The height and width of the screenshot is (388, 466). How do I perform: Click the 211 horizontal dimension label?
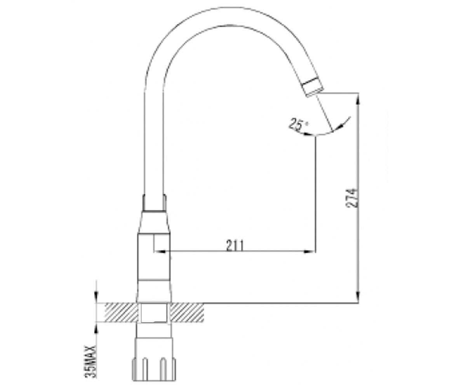[x=235, y=245]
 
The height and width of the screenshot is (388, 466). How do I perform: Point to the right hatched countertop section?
[x=187, y=312]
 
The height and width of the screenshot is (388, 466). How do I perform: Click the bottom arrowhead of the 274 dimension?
[x=358, y=296]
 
